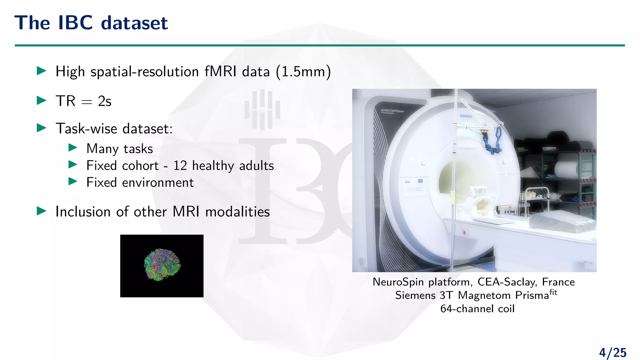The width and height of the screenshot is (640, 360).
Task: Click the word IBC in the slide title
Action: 75,23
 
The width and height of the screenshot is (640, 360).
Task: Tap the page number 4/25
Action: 612,353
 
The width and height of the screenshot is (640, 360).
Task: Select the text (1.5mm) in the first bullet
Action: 303,72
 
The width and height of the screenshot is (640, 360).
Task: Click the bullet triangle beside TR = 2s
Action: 41,101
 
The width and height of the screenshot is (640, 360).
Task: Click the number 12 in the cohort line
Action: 180,166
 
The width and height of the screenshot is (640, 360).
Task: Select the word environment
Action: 158,182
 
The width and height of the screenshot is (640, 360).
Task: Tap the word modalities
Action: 237,212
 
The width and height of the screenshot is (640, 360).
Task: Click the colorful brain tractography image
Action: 162,265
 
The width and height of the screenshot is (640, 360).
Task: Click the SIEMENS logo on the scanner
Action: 466,116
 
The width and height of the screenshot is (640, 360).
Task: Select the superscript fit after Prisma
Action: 553,292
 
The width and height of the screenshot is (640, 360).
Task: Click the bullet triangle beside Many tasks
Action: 72,148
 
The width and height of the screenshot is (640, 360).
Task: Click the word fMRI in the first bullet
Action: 221,72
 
